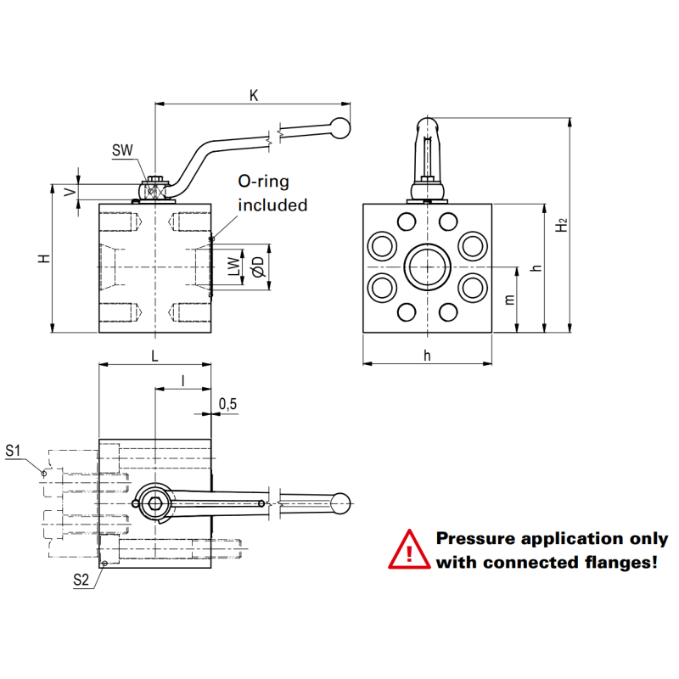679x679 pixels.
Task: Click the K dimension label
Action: [x=254, y=96]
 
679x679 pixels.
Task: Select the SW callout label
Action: [x=122, y=150]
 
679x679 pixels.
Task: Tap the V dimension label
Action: [x=70, y=192]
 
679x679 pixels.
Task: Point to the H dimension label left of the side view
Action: [x=44, y=259]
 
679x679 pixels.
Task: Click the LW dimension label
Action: [x=234, y=267]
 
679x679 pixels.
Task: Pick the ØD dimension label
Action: [x=258, y=267]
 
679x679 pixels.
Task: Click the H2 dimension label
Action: [x=562, y=225]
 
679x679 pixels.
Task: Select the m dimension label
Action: [x=510, y=300]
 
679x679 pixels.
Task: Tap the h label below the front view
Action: [x=428, y=356]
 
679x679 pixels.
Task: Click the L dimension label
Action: [x=154, y=356]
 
